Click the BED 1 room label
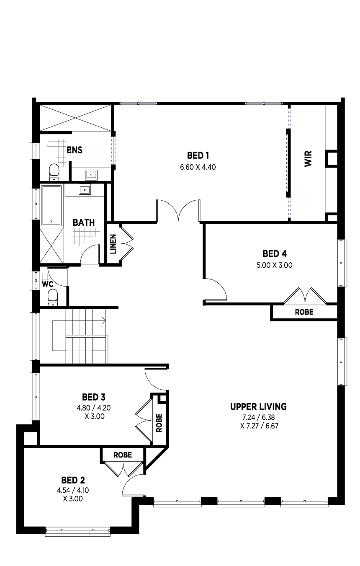pyautogui.click(x=198, y=155)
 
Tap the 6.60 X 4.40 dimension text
pyautogui.click(x=198, y=167)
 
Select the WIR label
pyautogui.click(x=308, y=159)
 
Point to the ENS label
pyautogui.click(x=75, y=150)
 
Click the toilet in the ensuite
pyautogui.click(x=54, y=173)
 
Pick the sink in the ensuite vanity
pyautogui.click(x=91, y=175)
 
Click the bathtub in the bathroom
pyautogui.click(x=51, y=206)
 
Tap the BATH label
pyautogui.click(x=84, y=222)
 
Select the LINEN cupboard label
pyautogui.click(x=113, y=244)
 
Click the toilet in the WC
pyautogui.click(x=53, y=297)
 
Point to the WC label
pyautogui.click(x=47, y=284)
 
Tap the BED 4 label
pyautogui.click(x=275, y=253)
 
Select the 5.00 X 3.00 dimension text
pyautogui.click(x=275, y=265)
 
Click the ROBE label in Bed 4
pyautogui.click(x=304, y=312)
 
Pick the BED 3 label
pyautogui.click(x=94, y=397)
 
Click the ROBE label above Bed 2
pyautogui.click(x=123, y=455)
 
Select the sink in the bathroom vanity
pyautogui.click(x=85, y=190)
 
